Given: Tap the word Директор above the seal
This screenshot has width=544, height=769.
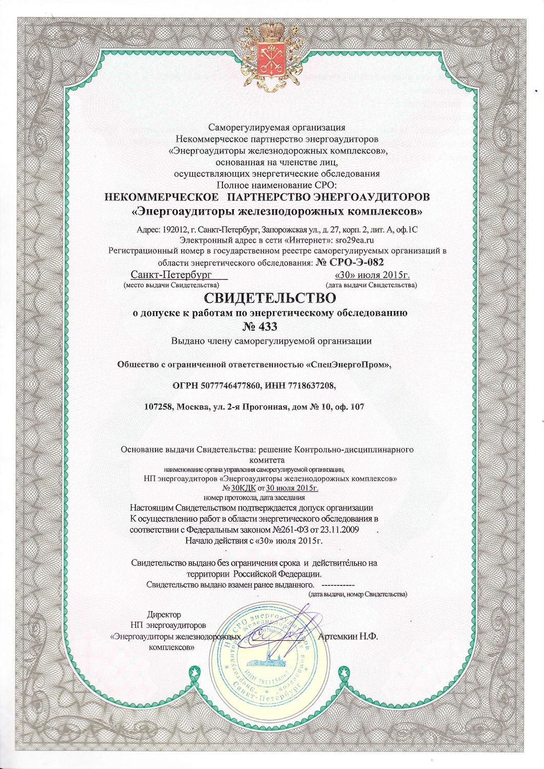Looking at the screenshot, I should tap(164, 614).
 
